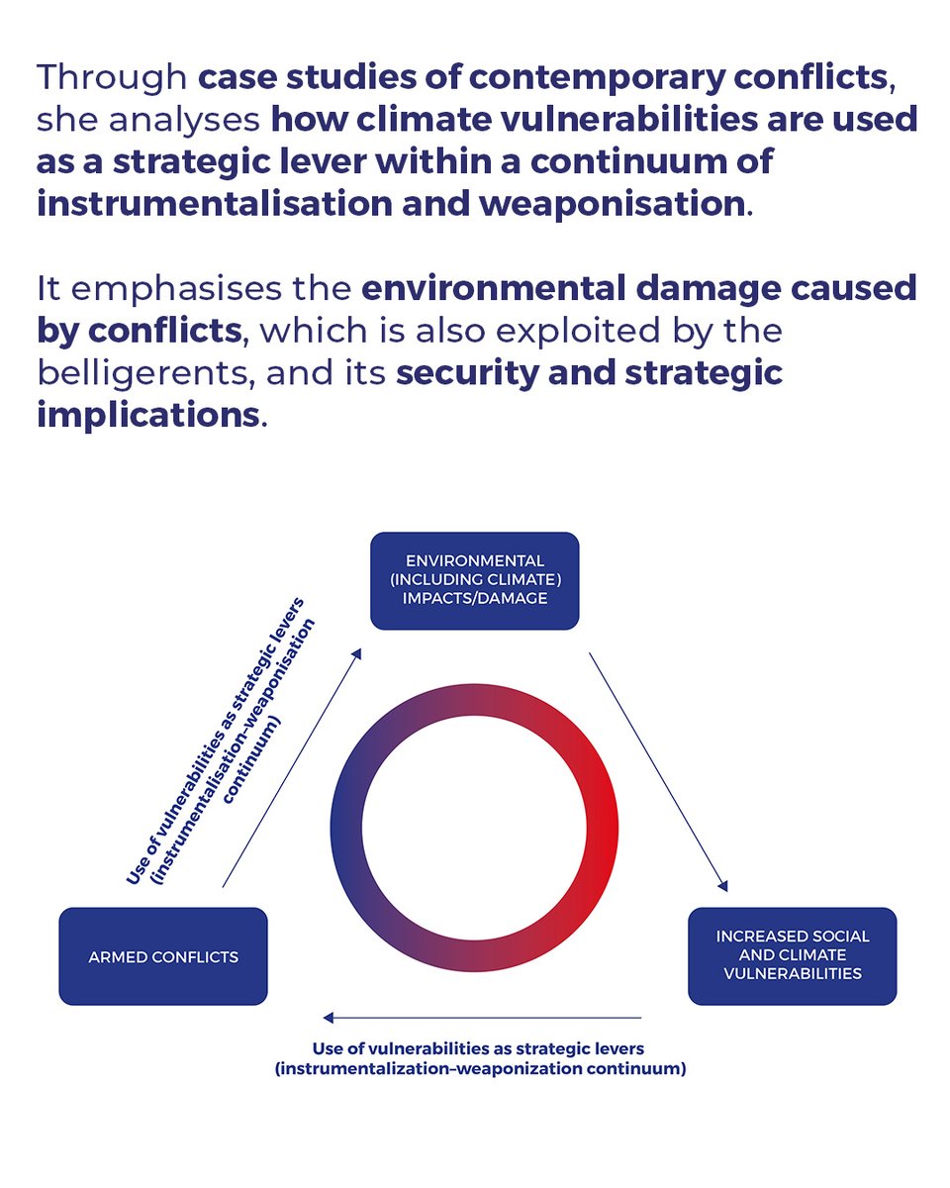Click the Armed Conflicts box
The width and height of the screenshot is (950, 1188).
click(163, 956)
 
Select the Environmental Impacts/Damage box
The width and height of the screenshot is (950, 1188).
click(474, 580)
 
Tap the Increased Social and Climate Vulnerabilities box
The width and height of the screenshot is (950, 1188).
click(792, 955)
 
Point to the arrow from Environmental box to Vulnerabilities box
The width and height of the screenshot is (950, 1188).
click(658, 771)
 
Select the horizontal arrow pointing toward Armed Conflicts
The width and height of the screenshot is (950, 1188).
click(482, 1017)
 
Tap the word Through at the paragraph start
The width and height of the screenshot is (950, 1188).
click(109, 76)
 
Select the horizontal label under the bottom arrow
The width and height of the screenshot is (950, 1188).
click(479, 1058)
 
